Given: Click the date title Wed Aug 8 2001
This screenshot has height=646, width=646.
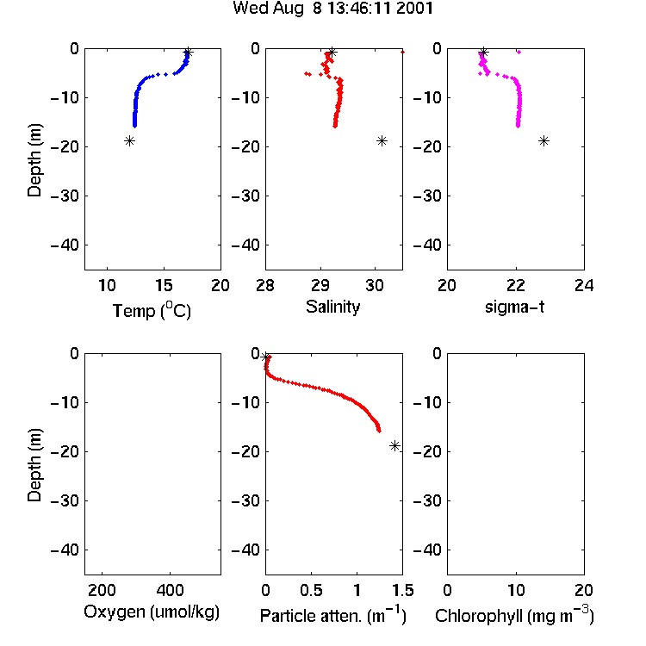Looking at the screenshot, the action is (332, 9).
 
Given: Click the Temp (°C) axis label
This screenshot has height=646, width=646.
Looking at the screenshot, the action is (152, 310).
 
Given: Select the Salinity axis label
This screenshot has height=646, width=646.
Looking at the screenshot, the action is (332, 307).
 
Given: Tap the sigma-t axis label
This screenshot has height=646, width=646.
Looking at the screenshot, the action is (514, 307).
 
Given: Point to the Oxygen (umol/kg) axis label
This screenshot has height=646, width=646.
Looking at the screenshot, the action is (152, 612).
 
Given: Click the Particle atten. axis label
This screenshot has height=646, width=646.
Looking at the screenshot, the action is (333, 615).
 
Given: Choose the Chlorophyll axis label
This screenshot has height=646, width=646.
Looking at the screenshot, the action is (514, 615).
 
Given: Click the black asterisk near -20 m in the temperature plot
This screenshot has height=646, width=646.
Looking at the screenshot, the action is (129, 141).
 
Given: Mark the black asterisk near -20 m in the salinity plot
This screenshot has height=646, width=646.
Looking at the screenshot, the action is (382, 141).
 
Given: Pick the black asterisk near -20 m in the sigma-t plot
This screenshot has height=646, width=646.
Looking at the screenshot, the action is (544, 141).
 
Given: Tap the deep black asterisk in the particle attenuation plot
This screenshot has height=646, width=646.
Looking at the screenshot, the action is (394, 446).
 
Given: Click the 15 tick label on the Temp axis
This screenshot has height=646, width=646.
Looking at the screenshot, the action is (164, 285).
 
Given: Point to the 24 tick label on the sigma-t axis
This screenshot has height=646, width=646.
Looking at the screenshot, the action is (584, 285).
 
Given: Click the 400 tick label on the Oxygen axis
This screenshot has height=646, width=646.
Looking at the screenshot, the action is (171, 590).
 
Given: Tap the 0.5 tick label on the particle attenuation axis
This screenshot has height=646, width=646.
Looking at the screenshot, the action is (311, 590).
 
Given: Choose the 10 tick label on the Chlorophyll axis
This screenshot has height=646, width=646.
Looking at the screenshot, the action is (516, 590).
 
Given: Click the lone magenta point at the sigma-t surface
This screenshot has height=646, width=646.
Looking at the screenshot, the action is (519, 52).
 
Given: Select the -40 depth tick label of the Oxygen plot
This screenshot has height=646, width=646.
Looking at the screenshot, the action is (65, 550).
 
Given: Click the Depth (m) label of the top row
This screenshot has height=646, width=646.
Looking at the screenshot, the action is (34, 160).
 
